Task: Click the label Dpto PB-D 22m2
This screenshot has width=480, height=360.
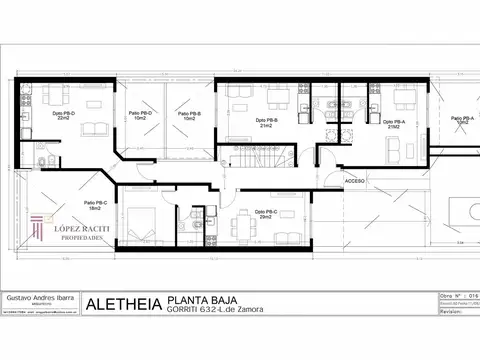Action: point(62,115)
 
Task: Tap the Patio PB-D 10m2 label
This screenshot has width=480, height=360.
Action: point(140,115)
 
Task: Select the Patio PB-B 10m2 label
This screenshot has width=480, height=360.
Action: point(189,115)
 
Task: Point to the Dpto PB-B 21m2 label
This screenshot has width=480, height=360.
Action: point(266,124)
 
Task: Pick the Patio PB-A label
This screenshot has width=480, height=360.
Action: point(459,120)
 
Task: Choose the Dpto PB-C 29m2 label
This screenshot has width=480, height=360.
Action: point(266,214)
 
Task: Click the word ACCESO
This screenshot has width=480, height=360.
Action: point(355,182)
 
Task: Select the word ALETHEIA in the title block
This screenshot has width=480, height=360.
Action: point(124,304)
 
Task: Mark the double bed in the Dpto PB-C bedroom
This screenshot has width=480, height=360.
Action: point(144,225)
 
